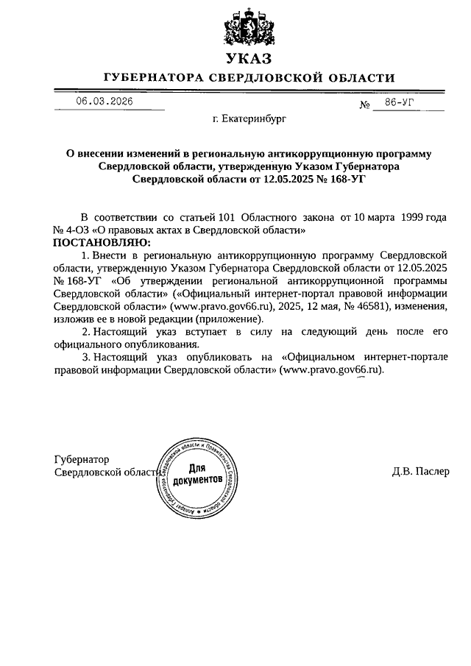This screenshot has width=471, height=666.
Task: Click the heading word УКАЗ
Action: (244, 58)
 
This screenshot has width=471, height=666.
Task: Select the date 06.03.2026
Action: (105, 102)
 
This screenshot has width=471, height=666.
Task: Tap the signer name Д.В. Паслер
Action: (420, 472)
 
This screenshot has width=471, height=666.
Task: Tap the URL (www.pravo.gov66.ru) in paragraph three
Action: (333, 370)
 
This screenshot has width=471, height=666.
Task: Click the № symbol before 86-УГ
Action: (364, 105)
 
